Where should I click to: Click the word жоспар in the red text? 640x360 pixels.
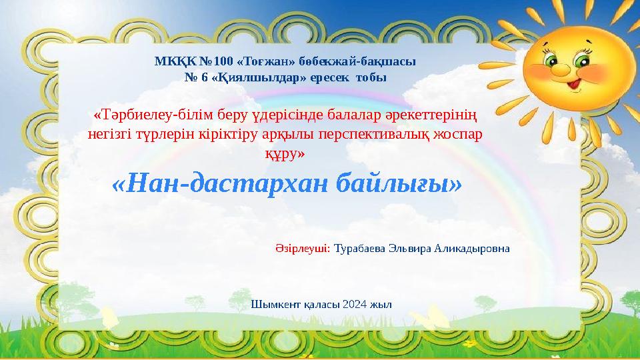pos(460,133)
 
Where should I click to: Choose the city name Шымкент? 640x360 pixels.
pos(271,304)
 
